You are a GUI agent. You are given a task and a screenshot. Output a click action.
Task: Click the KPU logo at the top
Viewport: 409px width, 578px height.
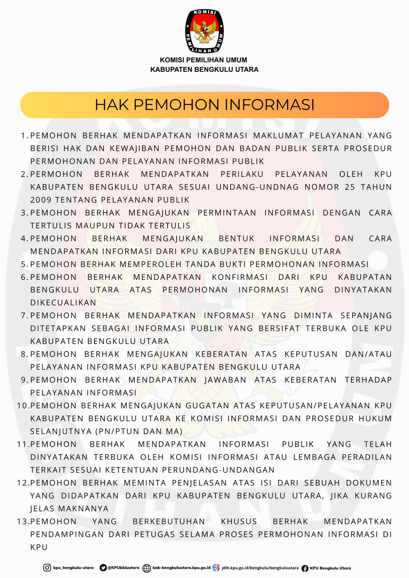click(204, 31)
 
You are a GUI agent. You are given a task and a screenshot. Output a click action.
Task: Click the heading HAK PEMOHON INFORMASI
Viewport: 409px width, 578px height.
click(204, 105)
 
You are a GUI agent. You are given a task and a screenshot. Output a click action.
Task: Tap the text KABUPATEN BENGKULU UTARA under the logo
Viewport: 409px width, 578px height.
click(204, 69)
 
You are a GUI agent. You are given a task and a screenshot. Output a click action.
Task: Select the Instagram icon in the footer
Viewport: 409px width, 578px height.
click(47, 568)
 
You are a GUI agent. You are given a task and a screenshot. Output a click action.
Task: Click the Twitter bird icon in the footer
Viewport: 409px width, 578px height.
click(103, 568)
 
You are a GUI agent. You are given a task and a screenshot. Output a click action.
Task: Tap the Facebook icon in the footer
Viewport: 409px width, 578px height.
click(305, 568)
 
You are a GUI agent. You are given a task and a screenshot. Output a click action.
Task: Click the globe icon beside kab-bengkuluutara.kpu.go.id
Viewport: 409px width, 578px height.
click(146, 568)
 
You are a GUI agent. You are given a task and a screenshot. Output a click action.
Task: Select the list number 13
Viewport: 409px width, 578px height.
click(22, 522)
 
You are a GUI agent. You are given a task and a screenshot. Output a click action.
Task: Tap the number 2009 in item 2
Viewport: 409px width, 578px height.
click(41, 200)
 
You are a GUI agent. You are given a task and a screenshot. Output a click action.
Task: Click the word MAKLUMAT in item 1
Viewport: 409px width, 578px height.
click(278, 136)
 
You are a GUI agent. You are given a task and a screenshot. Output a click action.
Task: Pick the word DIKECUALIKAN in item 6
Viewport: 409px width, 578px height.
click(63, 303)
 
